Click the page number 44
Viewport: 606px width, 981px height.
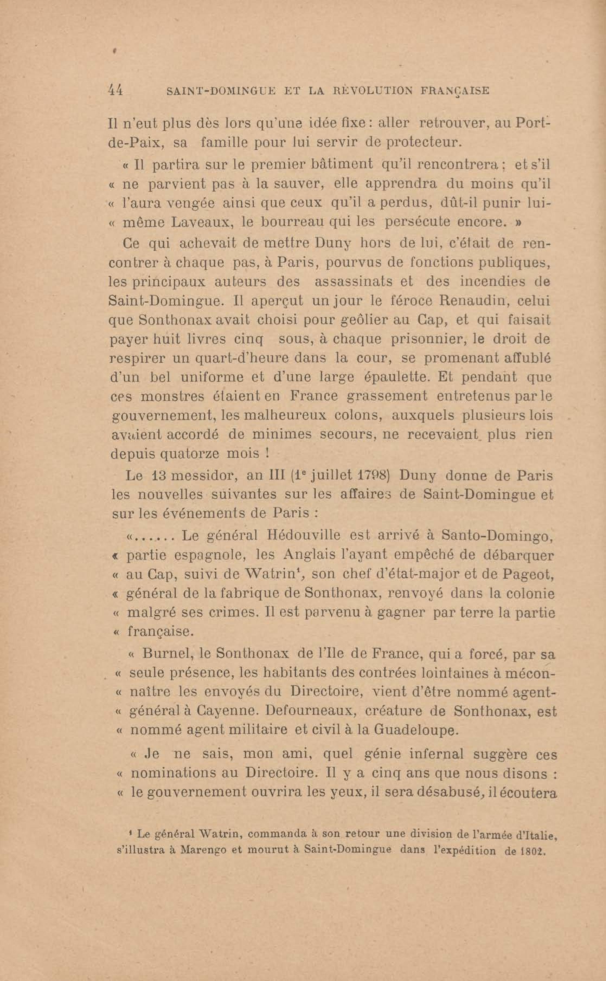click(116, 91)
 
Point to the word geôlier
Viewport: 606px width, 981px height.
click(358, 320)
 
